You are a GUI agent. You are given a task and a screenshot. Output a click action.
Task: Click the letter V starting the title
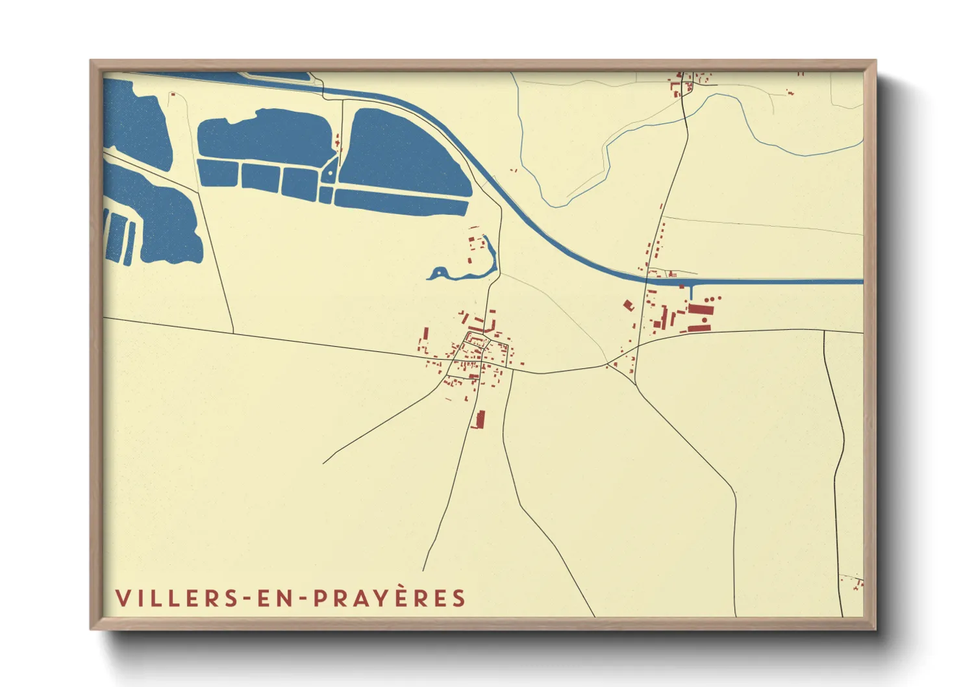122,598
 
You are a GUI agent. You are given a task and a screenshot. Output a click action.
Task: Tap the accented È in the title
400,597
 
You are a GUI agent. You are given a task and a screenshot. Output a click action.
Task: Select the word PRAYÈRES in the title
390,598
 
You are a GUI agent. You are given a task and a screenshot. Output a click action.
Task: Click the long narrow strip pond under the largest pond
401,202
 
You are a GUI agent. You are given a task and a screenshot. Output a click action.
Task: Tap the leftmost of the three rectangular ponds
218,172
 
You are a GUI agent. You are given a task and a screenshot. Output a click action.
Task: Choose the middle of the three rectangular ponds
260,177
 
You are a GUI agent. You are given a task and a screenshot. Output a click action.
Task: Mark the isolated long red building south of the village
480,419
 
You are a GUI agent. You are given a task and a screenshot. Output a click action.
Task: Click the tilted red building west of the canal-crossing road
628,305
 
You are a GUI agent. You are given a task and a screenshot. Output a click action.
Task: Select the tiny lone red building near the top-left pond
173,95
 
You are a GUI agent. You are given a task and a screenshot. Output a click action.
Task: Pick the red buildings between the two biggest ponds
338,140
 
